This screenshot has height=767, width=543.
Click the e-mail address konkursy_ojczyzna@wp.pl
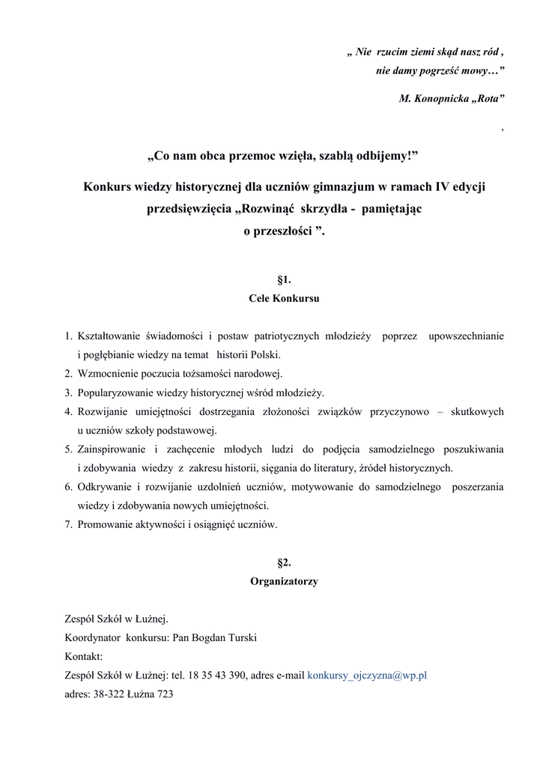click(x=367, y=675)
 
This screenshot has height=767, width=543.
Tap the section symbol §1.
click(x=284, y=280)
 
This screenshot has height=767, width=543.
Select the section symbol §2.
click(x=284, y=563)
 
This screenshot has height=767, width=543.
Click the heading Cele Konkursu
click(x=284, y=298)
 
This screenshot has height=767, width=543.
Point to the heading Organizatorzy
click(x=284, y=581)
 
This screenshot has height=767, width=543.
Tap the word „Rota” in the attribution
click(x=487, y=98)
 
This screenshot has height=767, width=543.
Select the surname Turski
click(x=240, y=638)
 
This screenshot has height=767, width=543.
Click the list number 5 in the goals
click(x=67, y=449)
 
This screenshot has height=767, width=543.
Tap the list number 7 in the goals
click(x=67, y=524)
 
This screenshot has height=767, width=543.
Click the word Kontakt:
click(x=84, y=657)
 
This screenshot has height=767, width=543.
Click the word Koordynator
click(x=93, y=638)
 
